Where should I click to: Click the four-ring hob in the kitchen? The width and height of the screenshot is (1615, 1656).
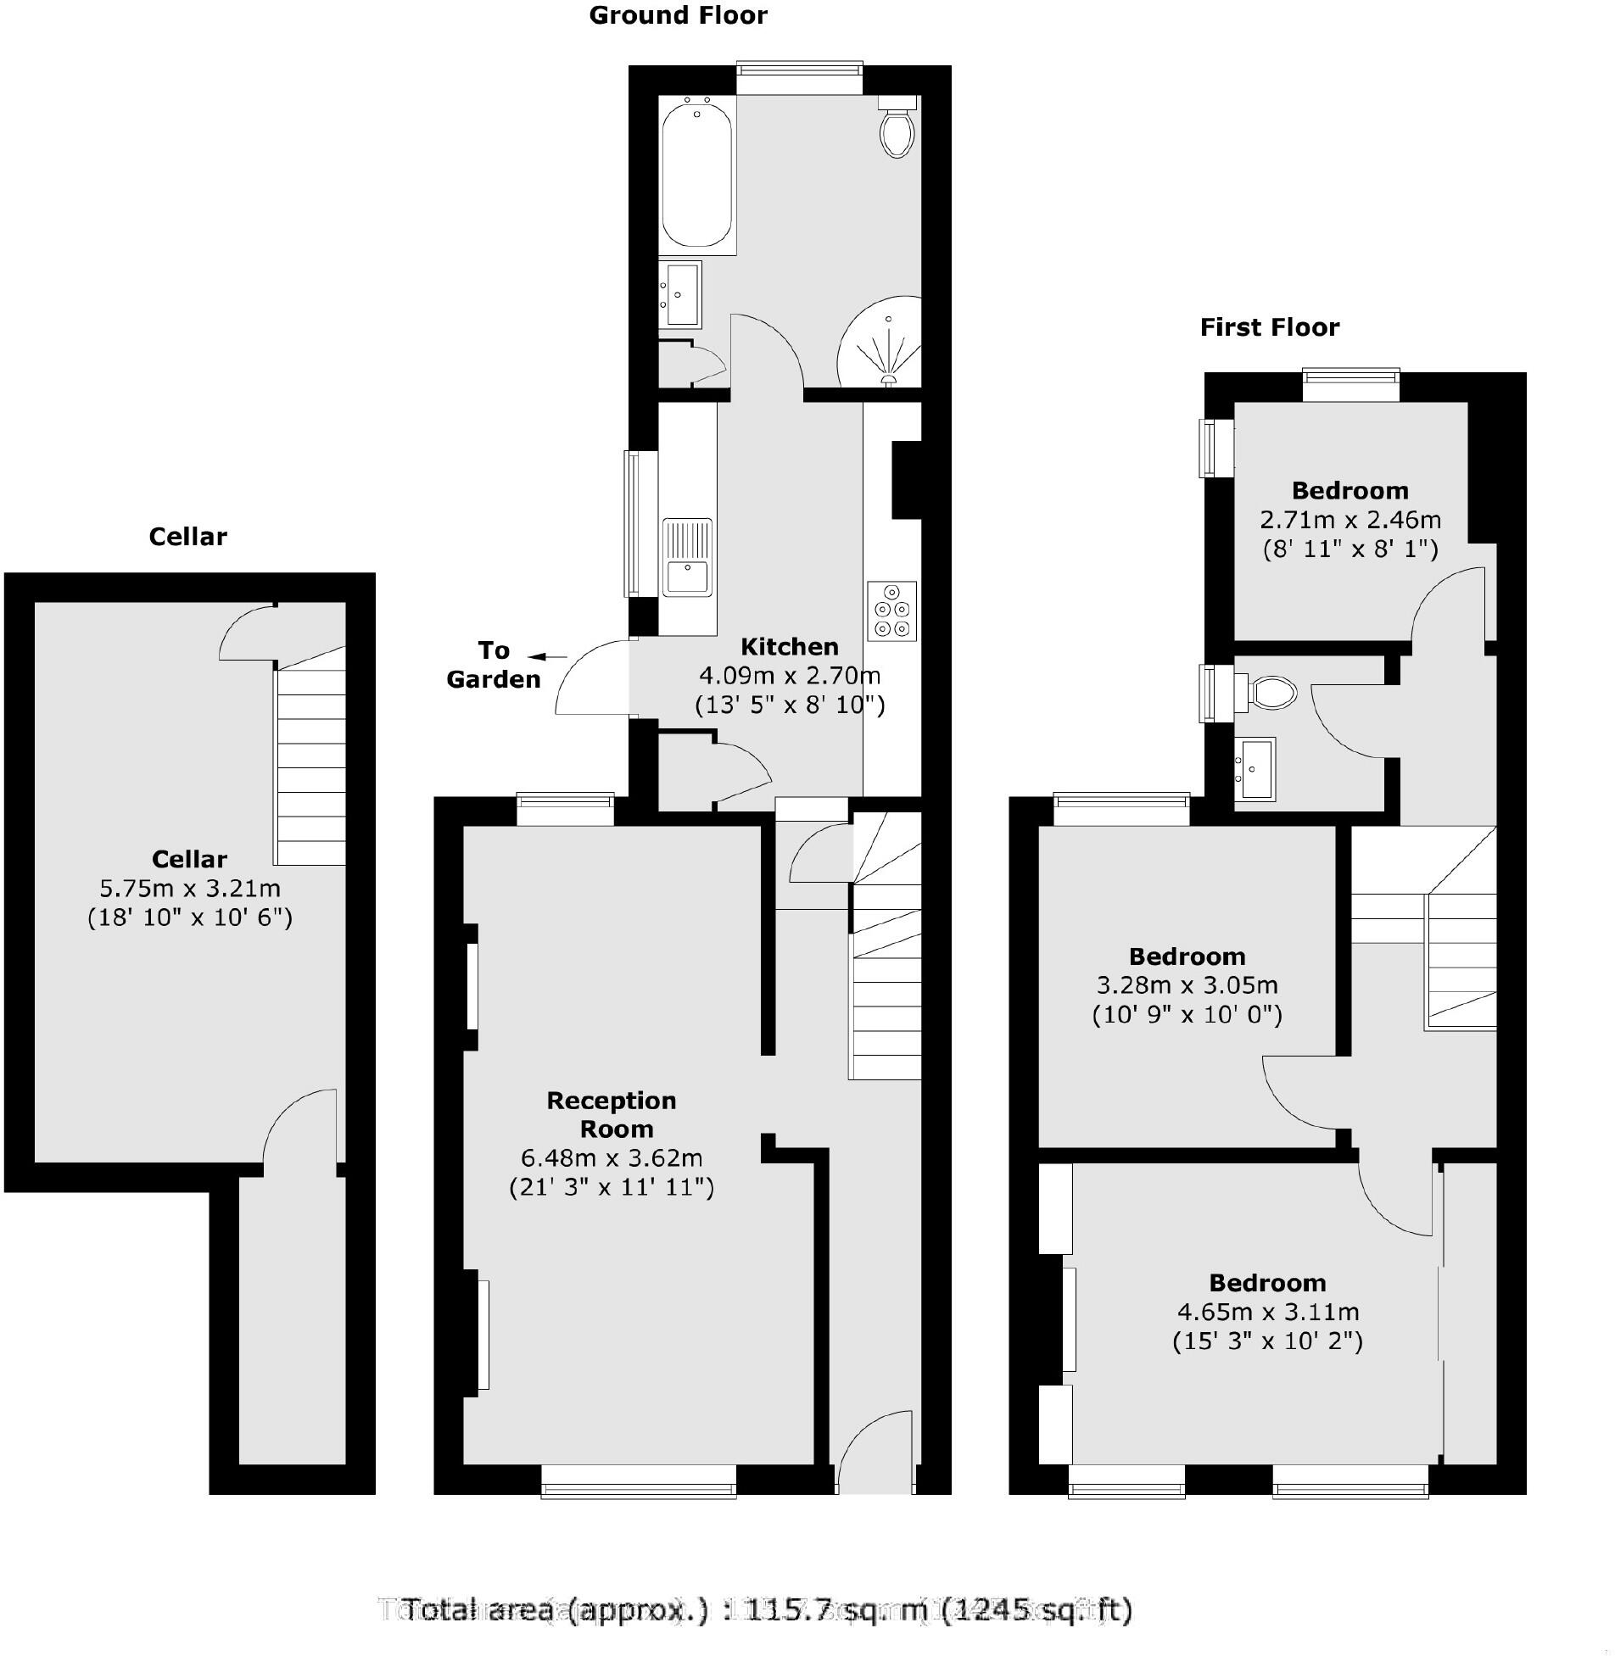tap(891, 611)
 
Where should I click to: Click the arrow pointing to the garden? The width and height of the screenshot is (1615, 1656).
tap(547, 656)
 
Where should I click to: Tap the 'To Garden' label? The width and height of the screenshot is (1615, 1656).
tap(494, 665)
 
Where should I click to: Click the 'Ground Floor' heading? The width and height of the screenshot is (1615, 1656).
tap(678, 15)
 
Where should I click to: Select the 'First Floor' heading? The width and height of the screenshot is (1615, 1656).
tap(1269, 327)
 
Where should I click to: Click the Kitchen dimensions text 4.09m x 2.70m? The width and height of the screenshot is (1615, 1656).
tap(789, 676)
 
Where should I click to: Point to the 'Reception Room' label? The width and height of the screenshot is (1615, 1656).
tap(612, 1114)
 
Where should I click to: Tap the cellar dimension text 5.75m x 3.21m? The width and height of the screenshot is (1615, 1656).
tap(190, 888)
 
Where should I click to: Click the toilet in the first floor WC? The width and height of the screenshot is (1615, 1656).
tap(1271, 692)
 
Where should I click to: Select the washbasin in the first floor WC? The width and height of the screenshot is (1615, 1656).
tap(1255, 767)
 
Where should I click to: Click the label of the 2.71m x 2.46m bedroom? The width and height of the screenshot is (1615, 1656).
tap(1350, 490)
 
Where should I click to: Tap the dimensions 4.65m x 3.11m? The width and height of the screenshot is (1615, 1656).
tap(1267, 1312)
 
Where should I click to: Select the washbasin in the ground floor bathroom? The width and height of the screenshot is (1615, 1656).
tap(682, 294)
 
